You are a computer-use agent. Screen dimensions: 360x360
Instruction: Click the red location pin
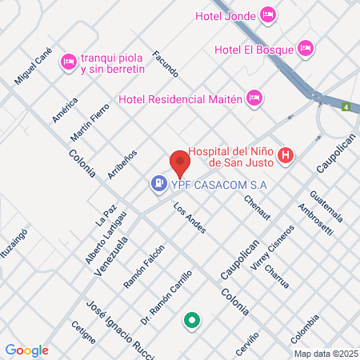(x=179, y=164)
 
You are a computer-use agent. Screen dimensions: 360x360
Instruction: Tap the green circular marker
(x=191, y=322)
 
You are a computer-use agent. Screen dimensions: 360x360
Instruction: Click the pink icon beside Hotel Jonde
(x=268, y=13)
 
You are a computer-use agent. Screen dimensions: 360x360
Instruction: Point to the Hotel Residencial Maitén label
(x=181, y=98)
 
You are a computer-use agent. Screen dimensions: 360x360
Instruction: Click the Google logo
(x=26, y=350)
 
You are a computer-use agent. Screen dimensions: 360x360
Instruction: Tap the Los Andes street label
(x=190, y=218)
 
